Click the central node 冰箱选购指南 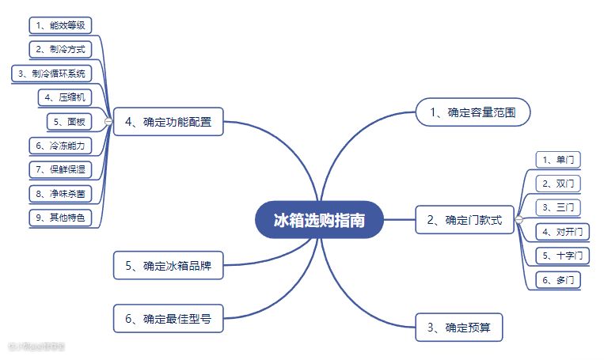pyautogui.click(x=319, y=220)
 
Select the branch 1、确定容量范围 pyautogui.click(x=473, y=112)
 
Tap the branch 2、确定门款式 pyautogui.click(x=464, y=220)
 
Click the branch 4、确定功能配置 pyautogui.click(x=168, y=122)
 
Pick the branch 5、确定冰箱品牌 pyautogui.click(x=168, y=266)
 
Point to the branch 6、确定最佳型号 pyautogui.click(x=168, y=320)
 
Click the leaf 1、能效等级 pyautogui.click(x=62, y=25)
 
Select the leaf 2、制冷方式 pyautogui.click(x=62, y=49)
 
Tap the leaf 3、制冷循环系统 pyautogui.click(x=51, y=74)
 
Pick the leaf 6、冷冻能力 pyautogui.click(x=62, y=146)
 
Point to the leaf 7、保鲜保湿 pyautogui.click(x=62, y=169)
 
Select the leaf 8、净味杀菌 pyautogui.click(x=62, y=193)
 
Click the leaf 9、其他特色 pyautogui.click(x=62, y=217)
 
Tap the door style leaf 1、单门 pyautogui.click(x=558, y=160)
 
